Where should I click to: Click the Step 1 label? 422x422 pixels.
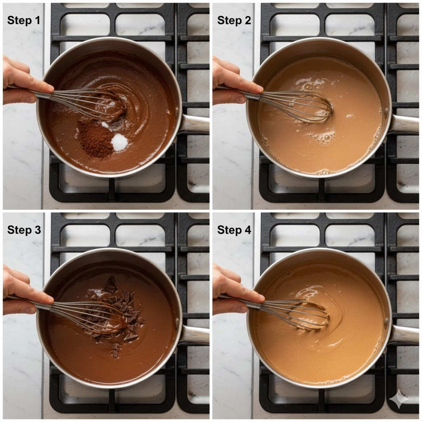[x=23, y=21]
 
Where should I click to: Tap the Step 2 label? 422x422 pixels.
[x=234, y=21]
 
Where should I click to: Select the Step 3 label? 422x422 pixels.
[x=24, y=230]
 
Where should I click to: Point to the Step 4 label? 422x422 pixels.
[x=234, y=230]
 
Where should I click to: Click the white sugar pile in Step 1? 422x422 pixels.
[x=120, y=142]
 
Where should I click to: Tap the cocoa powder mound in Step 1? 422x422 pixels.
[x=96, y=141]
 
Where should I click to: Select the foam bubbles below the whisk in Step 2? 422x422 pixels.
[x=323, y=138]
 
